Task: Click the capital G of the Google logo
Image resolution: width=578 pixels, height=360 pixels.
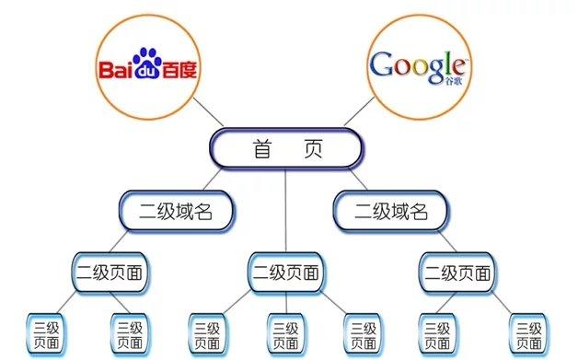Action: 380,64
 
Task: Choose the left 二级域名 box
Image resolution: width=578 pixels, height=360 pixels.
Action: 176,210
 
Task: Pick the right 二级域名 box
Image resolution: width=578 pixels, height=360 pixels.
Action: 391,210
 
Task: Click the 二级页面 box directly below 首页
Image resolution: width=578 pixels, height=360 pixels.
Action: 285,273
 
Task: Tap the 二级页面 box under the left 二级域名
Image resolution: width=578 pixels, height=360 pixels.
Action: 110,273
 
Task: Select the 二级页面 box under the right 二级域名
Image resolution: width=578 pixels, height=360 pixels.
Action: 457,273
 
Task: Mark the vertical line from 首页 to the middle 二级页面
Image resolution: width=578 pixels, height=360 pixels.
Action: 285,212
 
